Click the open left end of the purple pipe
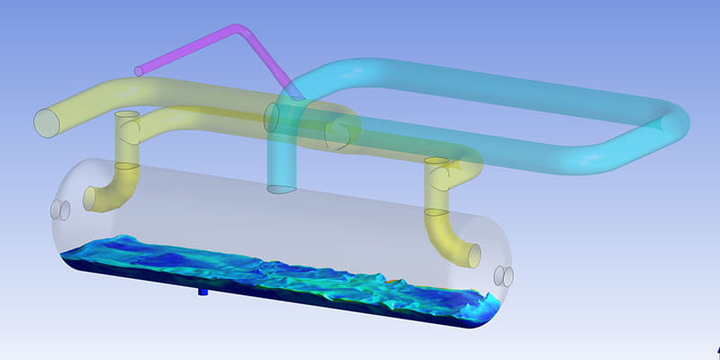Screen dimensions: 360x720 tap(138, 71)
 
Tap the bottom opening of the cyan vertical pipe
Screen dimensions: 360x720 tap(282, 189)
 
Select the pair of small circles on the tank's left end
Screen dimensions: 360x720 tap(61, 210)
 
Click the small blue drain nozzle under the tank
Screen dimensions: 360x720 tap(202, 292)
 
